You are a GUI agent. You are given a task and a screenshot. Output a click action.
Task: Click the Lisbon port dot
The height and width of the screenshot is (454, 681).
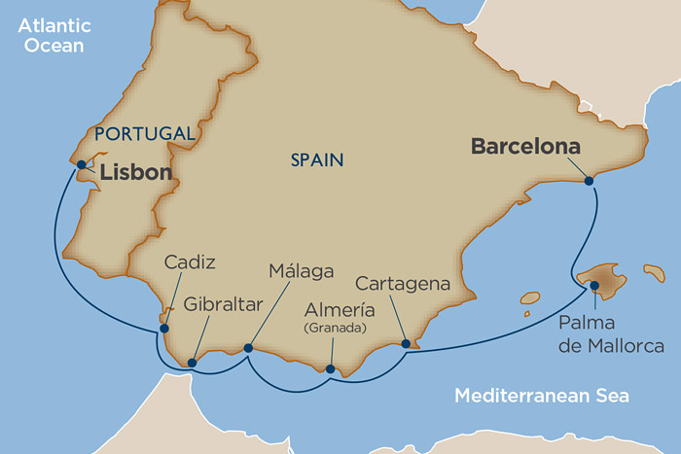82,164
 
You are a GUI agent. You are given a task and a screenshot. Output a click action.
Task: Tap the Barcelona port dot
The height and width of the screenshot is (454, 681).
588,179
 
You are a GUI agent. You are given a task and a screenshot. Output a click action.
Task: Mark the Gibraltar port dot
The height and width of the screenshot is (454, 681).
192,363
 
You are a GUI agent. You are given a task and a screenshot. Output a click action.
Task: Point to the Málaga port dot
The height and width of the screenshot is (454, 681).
248,347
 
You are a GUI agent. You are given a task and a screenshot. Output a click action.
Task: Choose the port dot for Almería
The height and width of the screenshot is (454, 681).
331,368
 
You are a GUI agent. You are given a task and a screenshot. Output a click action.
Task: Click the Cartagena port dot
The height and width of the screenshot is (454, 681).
406,343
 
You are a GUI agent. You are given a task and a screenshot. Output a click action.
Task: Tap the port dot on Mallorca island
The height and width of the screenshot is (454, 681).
594,285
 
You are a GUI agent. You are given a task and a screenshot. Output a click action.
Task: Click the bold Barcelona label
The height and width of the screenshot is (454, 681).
525,147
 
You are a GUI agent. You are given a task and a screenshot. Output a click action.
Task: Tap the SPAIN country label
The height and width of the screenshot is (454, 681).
317,159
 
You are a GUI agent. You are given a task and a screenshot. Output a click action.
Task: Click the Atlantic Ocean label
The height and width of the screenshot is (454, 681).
52,34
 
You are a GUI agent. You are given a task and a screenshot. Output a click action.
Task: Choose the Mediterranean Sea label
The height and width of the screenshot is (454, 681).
542,396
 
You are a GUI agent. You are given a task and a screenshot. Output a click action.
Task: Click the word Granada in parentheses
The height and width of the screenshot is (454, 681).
335,329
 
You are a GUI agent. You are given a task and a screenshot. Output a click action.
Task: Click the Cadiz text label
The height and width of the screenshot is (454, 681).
190,262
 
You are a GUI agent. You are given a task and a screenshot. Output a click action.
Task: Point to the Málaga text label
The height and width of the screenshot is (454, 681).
303,270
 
